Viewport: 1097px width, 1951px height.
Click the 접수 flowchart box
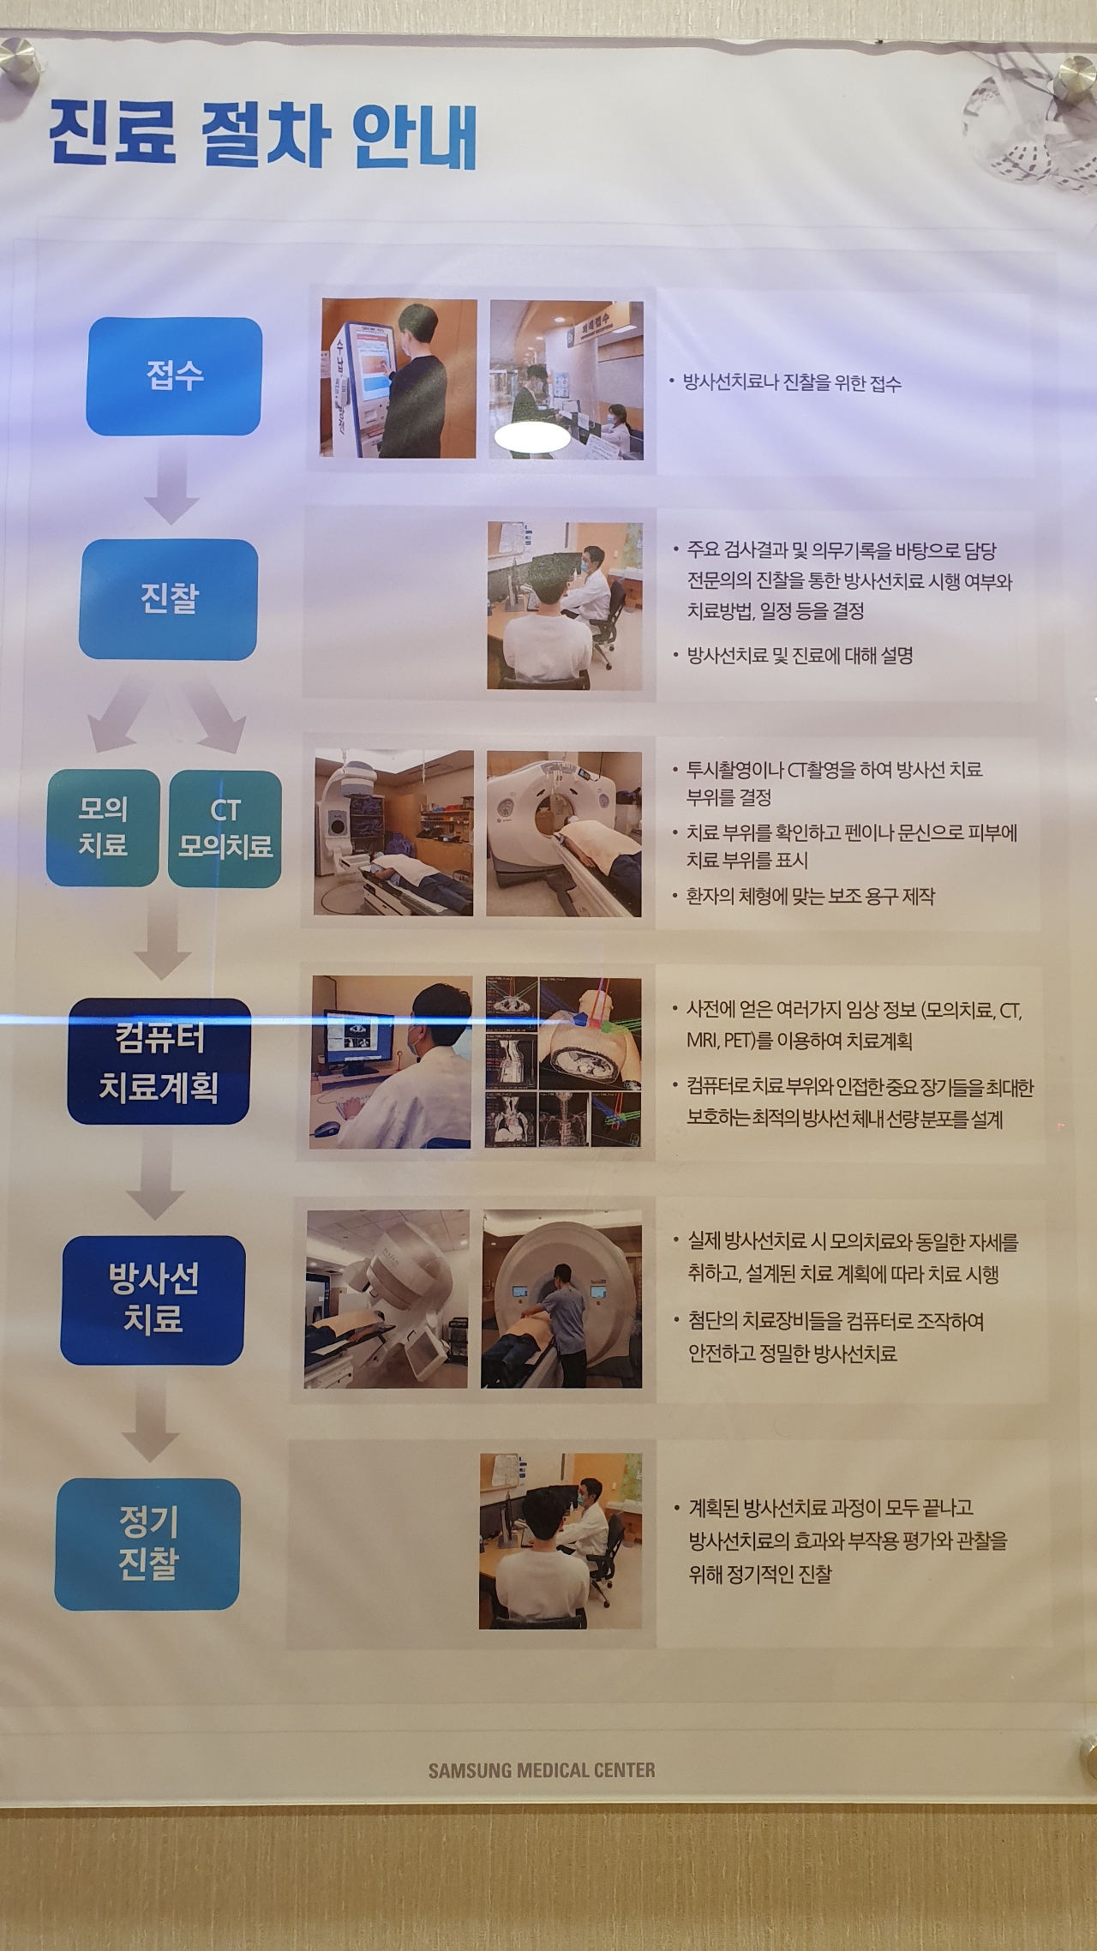(174, 375)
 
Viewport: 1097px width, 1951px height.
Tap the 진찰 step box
(169, 598)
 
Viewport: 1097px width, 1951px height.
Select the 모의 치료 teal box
(103, 827)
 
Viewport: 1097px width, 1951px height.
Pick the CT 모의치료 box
(225, 828)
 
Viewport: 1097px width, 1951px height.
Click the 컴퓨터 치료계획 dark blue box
(159, 1061)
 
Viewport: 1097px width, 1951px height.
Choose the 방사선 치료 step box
(153, 1300)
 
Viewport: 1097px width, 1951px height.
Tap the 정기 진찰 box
(148, 1544)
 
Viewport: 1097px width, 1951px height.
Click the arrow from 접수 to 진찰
(172, 484)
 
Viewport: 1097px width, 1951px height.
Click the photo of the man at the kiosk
(399, 378)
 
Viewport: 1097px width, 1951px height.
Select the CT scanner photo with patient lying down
(564, 834)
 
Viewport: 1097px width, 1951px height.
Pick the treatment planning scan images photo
(563, 1062)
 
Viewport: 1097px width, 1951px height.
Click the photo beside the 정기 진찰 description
(560, 1541)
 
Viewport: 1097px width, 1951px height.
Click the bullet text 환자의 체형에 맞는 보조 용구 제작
(811, 897)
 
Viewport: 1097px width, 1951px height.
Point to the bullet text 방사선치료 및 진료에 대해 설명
(800, 656)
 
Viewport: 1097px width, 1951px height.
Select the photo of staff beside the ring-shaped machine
(561, 1299)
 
